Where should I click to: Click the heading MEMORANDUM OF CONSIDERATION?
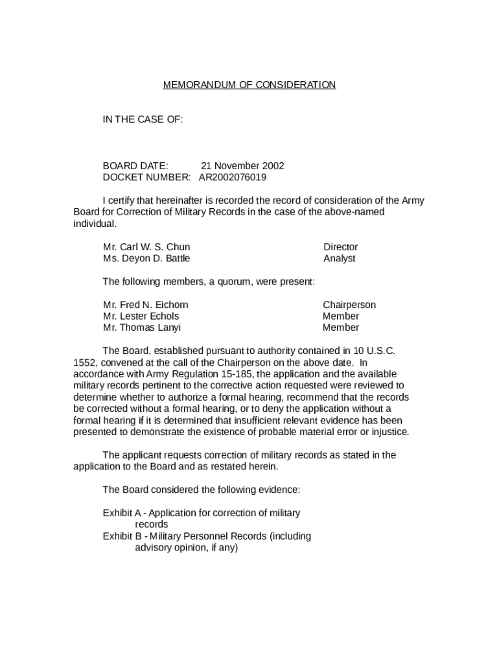[249, 85]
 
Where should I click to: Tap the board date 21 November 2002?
[242, 166]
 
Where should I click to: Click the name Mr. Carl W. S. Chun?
[146, 247]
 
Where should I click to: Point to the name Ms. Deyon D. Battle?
[146, 258]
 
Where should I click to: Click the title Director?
[340, 247]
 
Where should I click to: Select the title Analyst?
[340, 258]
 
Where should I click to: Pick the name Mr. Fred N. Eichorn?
[146, 305]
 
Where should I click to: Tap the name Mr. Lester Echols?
[141, 316]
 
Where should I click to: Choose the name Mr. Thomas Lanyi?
[142, 327]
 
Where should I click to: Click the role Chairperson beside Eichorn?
[349, 305]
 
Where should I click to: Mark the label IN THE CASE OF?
[143, 120]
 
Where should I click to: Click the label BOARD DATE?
[135, 166]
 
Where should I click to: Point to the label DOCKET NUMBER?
[146, 177]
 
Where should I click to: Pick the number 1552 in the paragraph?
[84, 362]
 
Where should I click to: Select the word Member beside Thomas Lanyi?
[341, 327]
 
